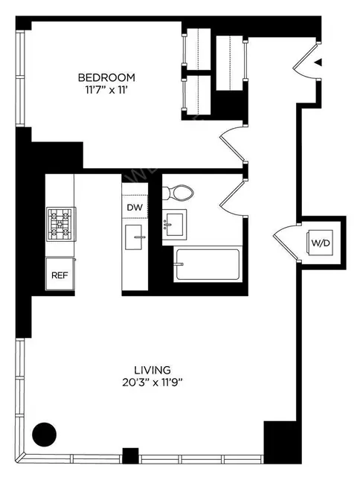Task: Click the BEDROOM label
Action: (x=108, y=77)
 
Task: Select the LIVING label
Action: (x=152, y=369)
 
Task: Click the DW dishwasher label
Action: (x=135, y=207)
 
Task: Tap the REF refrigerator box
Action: (x=60, y=275)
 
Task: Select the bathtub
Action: (x=207, y=266)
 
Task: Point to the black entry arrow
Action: (x=318, y=64)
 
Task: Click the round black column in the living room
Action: (x=45, y=432)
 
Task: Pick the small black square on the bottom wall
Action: (x=131, y=454)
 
